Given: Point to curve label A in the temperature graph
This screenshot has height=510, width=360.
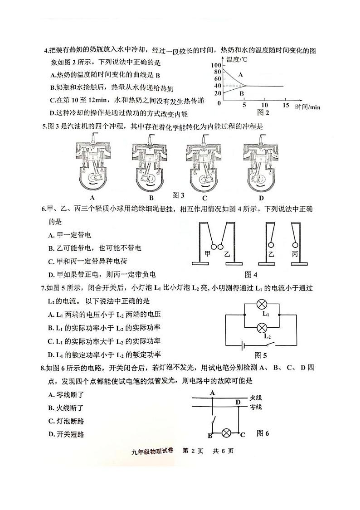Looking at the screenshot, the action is pos(241,74).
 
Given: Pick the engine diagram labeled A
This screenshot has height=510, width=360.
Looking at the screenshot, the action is pos(92,163).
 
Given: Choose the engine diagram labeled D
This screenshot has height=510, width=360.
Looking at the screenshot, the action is pos(261,163).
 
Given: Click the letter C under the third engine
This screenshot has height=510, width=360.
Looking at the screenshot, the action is pos(204,198).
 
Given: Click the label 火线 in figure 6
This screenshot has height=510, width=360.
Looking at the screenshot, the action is pos(256,398).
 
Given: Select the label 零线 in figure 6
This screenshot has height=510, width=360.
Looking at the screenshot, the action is pos(256,407).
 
